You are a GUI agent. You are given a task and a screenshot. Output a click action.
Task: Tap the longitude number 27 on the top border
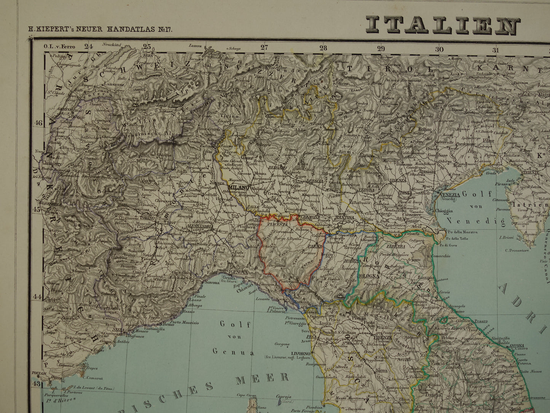coord(264,48)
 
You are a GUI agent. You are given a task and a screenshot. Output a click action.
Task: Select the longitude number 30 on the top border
coord(439,49)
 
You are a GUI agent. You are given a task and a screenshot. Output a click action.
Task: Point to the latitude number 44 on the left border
coord(37,296)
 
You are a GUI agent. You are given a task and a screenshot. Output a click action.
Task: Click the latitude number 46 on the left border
coord(37,123)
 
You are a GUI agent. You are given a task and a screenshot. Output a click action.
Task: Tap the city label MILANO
coord(239,188)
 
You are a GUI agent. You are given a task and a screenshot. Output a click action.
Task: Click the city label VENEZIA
coord(450,195)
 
